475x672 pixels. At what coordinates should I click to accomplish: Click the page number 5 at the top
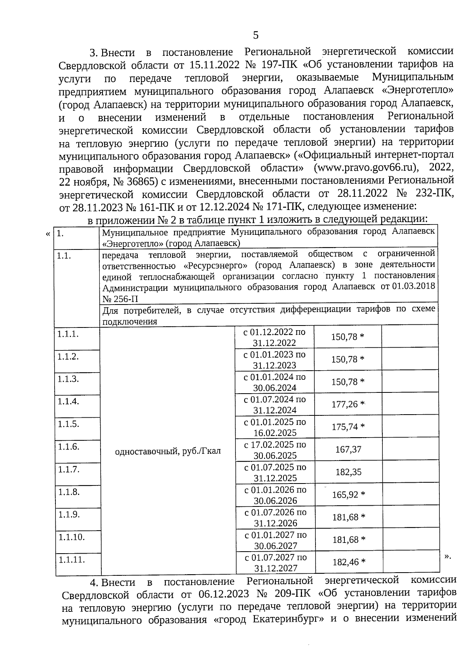[256, 35]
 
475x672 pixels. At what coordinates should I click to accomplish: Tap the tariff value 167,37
[348, 449]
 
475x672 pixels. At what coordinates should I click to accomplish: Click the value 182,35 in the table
[348, 472]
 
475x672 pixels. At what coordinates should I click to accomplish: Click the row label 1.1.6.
[68, 447]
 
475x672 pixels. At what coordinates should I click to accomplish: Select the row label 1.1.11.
[72, 560]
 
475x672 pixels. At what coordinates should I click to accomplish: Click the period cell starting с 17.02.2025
[275, 450]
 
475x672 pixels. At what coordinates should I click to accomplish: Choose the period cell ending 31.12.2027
[275, 563]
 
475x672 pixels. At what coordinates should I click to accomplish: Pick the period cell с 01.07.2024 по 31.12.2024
[275, 405]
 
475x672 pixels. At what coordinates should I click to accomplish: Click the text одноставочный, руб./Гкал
[167, 451]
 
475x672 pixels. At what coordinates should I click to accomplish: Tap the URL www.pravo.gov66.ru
[366, 168]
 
